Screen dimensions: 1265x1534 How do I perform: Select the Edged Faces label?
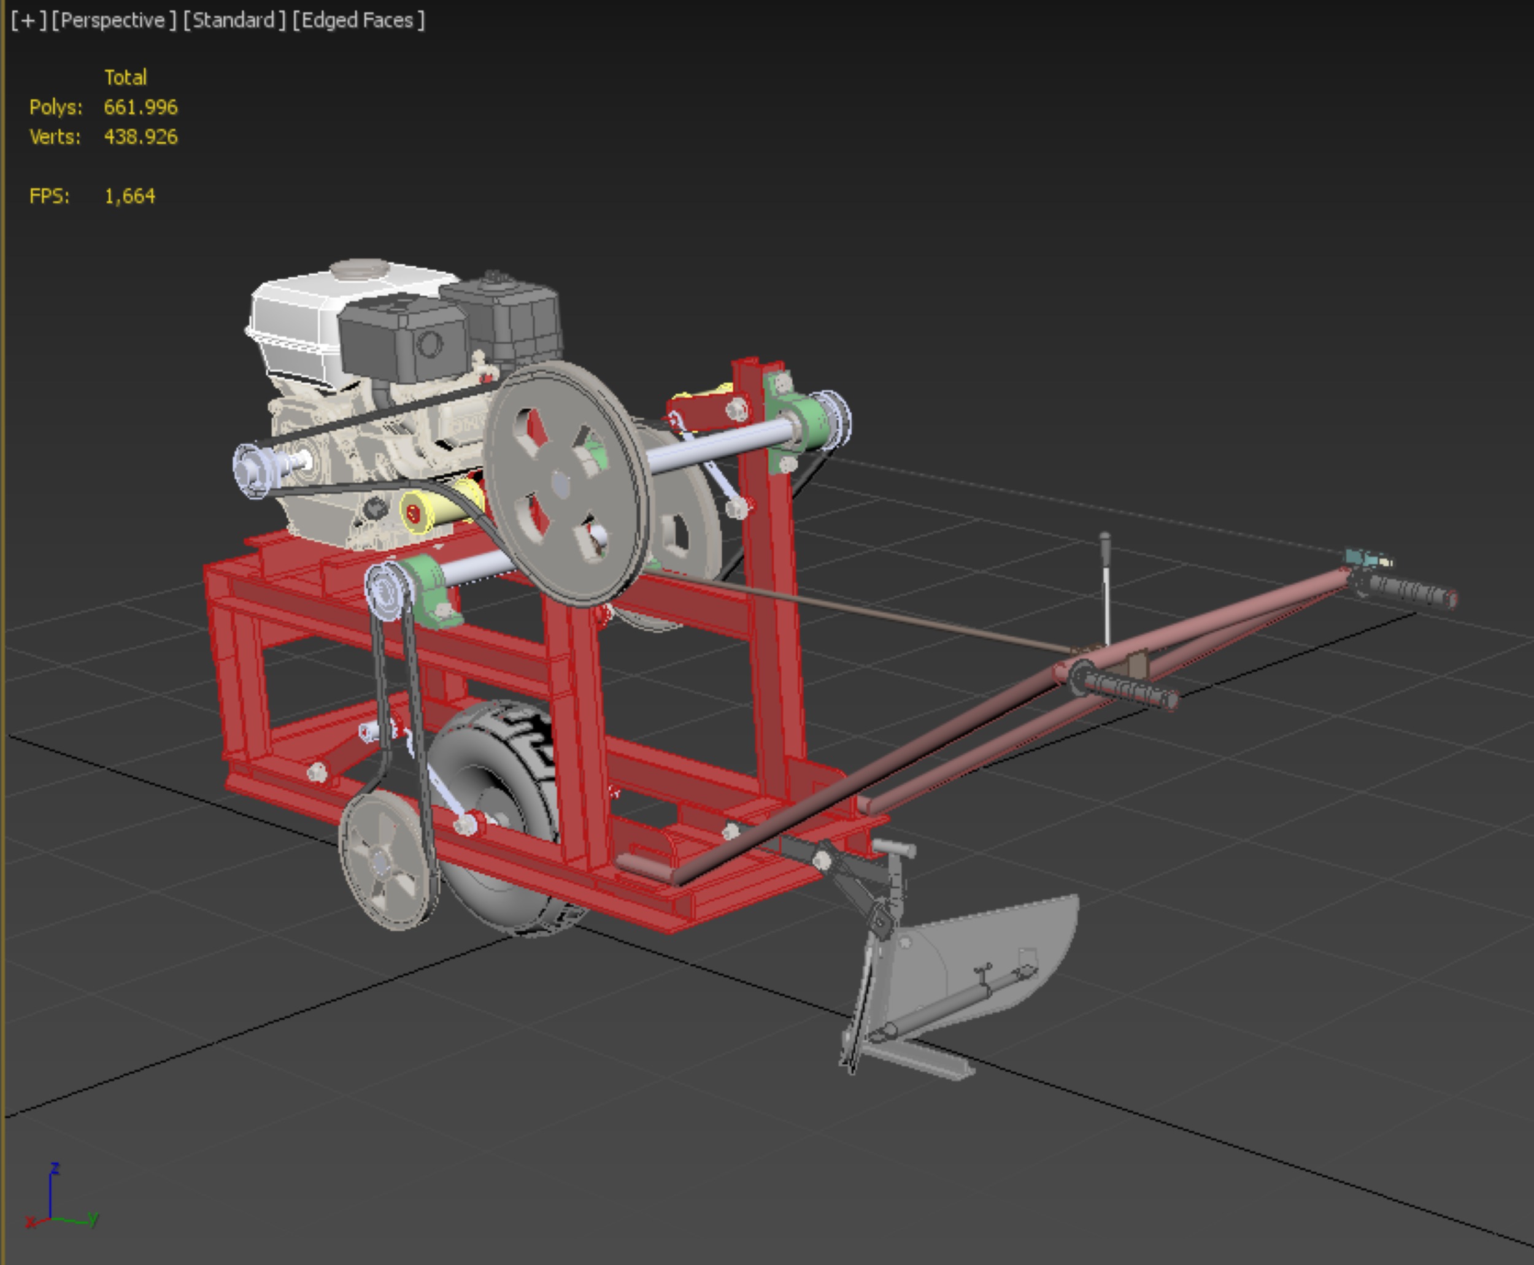[358, 20]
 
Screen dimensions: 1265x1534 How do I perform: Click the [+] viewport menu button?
[28, 20]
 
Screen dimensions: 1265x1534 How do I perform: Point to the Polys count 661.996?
[140, 107]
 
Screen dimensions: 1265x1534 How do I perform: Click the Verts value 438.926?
[140, 137]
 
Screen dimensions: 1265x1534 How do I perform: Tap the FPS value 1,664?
[129, 196]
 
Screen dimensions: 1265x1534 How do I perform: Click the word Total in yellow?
[125, 77]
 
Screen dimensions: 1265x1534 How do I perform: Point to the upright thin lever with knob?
[1106, 583]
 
